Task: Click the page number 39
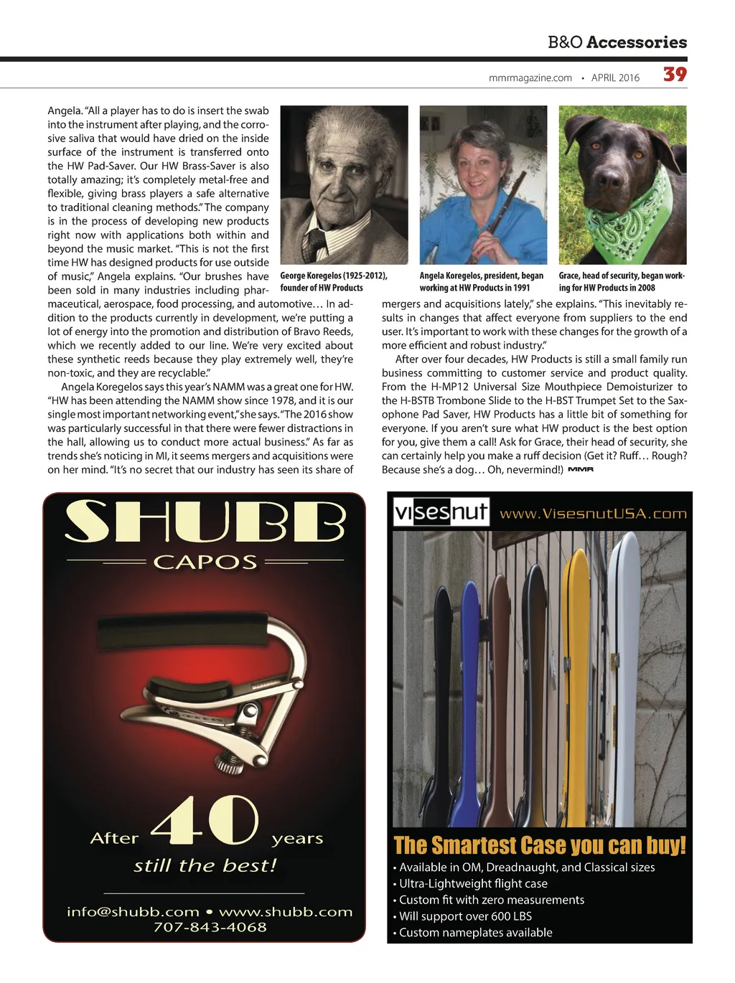pos(675,75)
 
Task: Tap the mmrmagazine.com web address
pos(530,78)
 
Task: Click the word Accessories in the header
pos(637,42)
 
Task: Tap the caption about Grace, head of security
pos(622,281)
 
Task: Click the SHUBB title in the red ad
pos(205,522)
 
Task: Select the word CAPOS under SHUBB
pos(205,562)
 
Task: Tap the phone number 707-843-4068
pos(210,927)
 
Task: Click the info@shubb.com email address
pos(133,912)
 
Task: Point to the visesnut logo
pos(441,512)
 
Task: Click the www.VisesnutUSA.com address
pos(593,514)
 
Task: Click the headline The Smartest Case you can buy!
pos(540,845)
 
